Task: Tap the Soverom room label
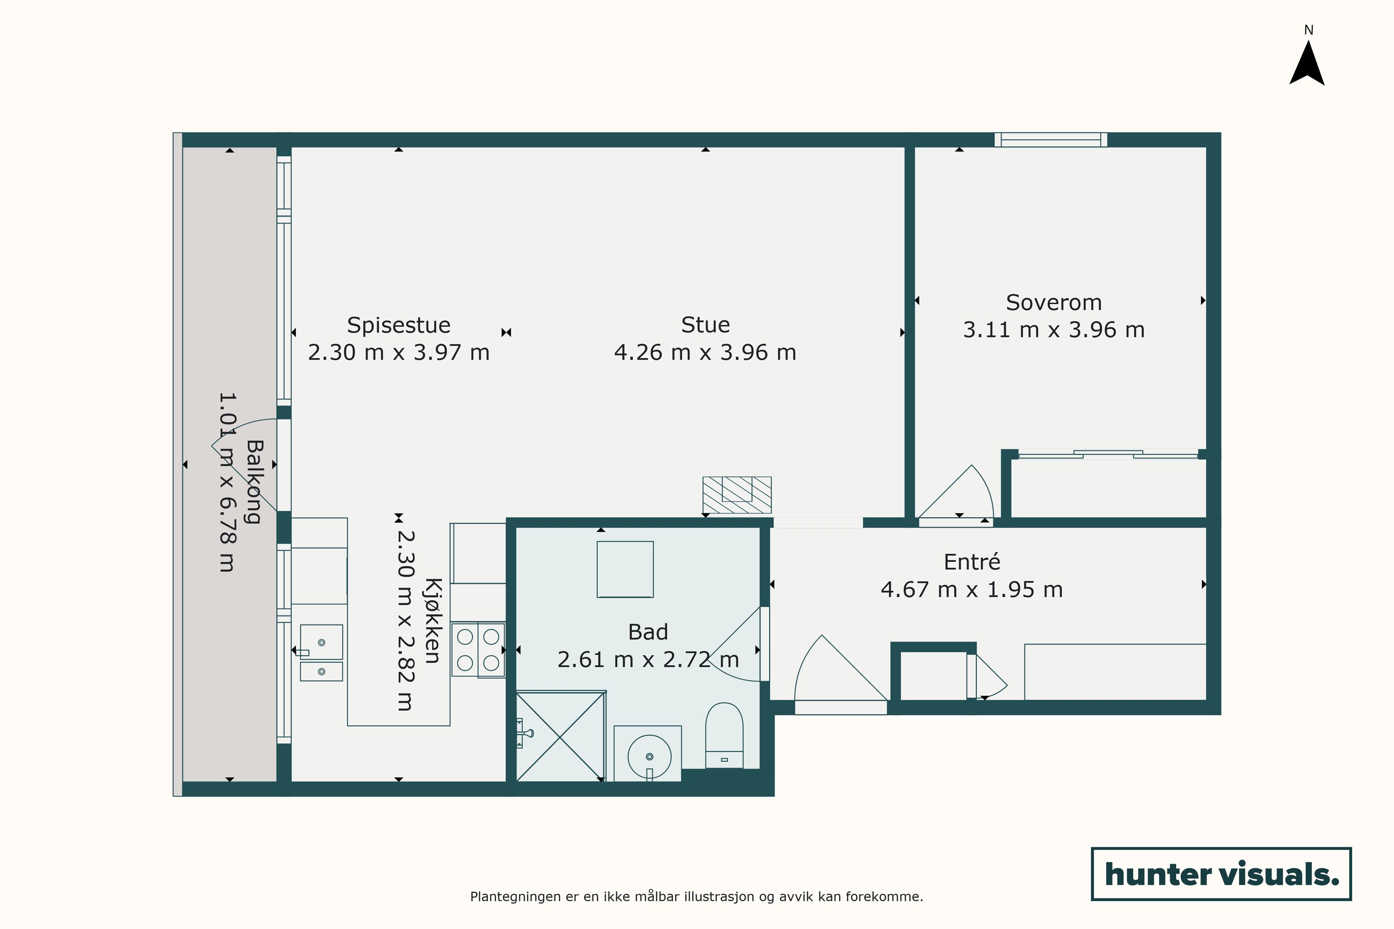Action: tap(1054, 303)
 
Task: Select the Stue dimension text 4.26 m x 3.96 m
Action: tap(705, 352)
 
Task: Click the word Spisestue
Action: tap(399, 325)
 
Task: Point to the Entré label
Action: tap(972, 562)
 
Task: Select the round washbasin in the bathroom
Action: tap(649, 757)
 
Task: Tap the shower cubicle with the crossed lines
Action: tap(561, 736)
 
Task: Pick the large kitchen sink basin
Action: tap(321, 642)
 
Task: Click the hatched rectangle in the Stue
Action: tap(737, 495)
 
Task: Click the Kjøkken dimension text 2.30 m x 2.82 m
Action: tap(405, 620)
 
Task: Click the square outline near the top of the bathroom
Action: tap(625, 569)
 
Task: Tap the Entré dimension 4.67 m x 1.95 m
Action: tap(972, 589)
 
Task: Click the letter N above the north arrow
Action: tap(1309, 30)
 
